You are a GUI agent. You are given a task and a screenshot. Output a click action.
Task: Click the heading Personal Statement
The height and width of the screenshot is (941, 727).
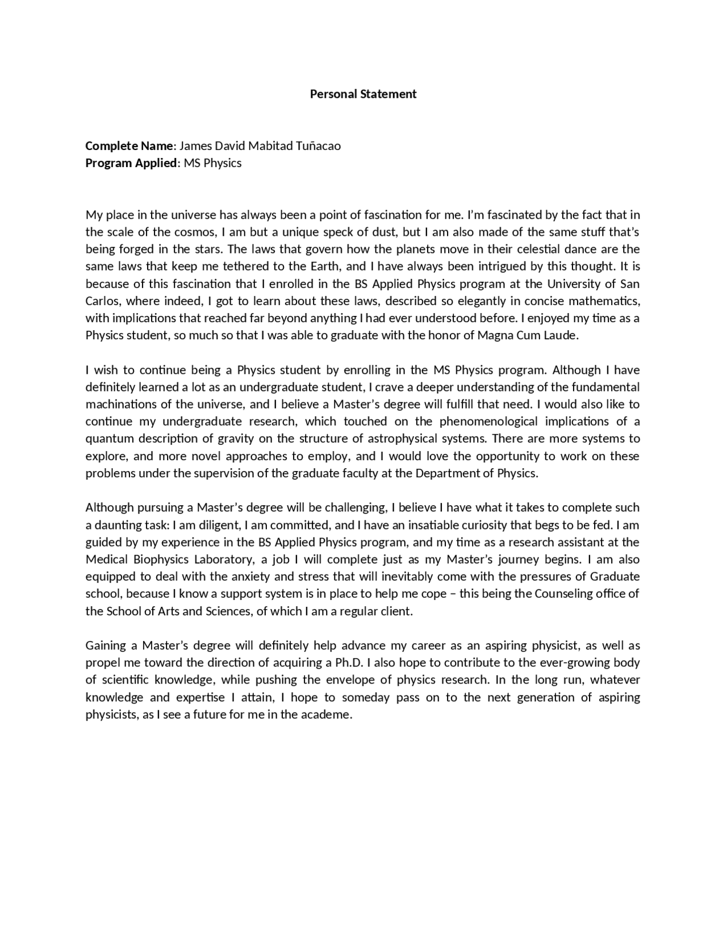[363, 94]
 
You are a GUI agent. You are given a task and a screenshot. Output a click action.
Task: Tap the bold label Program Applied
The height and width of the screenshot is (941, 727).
[131, 163]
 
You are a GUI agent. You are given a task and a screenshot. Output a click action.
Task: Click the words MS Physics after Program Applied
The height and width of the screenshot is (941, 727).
[212, 163]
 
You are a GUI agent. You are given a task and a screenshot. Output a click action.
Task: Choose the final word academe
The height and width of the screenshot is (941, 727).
[329, 714]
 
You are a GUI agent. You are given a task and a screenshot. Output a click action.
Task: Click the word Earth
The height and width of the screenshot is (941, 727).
[324, 266]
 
